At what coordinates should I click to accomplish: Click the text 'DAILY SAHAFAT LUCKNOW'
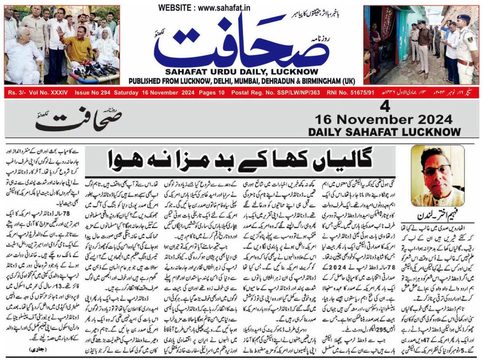tap(384, 132)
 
